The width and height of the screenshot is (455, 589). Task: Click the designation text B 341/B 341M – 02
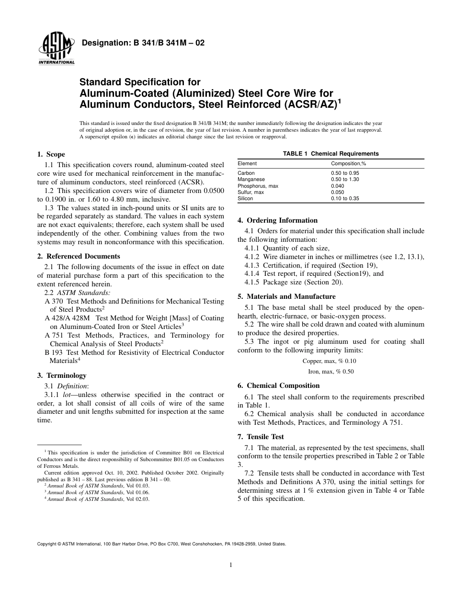pos(143,43)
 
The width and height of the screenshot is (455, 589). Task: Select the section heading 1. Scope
pos(51,155)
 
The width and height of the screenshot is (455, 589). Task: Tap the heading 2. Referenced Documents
pos(79,256)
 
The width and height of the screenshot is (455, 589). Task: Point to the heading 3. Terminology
pos(62,375)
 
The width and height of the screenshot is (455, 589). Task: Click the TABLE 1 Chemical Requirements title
pos(330,154)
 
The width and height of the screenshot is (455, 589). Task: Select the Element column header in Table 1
pos(247,163)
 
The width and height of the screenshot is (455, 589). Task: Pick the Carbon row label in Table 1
pos(246,173)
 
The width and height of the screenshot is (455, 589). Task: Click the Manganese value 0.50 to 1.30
pos(345,179)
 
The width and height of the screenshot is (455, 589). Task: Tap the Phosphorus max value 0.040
pos(338,186)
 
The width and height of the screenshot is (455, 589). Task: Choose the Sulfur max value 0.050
pos(338,192)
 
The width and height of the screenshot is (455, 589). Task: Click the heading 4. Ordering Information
pos(277,220)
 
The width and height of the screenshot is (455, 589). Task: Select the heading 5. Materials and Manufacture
pos(286,296)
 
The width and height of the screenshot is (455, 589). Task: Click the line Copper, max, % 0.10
pos(330,361)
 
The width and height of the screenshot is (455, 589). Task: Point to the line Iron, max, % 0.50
pos(330,372)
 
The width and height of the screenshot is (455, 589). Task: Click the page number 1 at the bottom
pos(231,565)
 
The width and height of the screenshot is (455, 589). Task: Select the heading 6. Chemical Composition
pos(278,385)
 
